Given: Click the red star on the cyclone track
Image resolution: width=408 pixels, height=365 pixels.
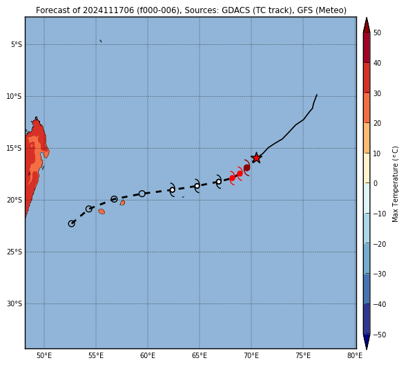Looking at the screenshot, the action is (256, 158).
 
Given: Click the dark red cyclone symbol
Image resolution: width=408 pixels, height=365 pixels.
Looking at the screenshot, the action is (246, 168).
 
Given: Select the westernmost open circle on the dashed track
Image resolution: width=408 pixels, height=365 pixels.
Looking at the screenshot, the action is (71, 223).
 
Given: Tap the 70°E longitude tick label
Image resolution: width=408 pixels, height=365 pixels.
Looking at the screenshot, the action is (251, 355).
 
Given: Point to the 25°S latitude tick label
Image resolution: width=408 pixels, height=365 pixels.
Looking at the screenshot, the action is (14, 252).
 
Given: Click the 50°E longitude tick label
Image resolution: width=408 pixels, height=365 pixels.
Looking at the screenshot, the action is (44, 355).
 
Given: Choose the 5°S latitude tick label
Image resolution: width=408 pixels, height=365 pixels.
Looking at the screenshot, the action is (17, 44).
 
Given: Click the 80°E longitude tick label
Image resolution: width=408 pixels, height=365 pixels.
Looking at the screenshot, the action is (355, 355).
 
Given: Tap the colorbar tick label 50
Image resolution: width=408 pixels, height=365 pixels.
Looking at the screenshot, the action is (377, 32).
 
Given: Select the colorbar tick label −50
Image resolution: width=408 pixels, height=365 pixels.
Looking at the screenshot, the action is (380, 335).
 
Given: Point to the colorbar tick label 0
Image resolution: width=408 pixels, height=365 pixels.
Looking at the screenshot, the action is (376, 183).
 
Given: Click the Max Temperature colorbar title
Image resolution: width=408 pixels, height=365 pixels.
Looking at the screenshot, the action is (395, 184).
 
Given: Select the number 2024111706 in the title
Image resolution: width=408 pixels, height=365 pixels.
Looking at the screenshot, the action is (108, 10).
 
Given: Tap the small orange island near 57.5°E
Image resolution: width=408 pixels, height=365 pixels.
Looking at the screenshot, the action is (122, 203).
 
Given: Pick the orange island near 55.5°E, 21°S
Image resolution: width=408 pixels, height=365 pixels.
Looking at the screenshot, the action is (101, 212).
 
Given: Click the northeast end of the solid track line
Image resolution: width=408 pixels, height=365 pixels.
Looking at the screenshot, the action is (317, 95).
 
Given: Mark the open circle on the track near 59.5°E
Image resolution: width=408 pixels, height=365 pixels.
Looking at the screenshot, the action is (142, 194).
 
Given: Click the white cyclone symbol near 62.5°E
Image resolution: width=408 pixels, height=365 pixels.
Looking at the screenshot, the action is (173, 189).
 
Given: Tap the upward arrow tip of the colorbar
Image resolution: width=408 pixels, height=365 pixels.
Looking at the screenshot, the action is (367, 18).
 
